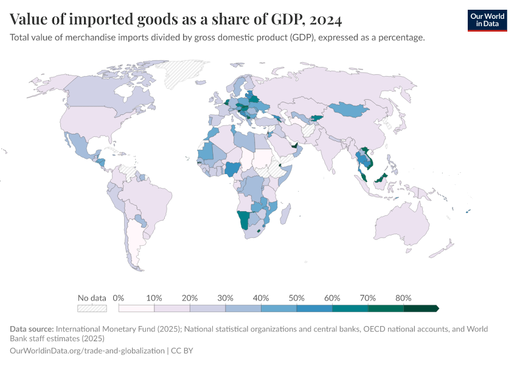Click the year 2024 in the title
tap(325, 19)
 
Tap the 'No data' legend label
tap(92, 298)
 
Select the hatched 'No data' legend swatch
tap(92, 308)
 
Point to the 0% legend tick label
tap(119, 298)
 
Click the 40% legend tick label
tap(261, 298)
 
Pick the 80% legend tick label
tap(403, 298)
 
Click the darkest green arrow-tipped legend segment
tap(421, 308)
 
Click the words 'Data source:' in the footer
tap(32, 329)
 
